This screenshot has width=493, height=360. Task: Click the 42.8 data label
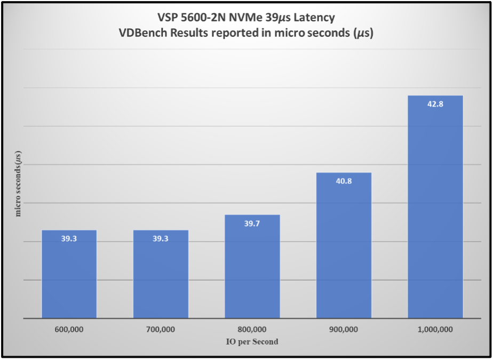pos(435,104)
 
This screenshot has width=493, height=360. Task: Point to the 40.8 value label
pos(344,181)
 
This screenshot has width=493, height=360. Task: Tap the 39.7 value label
pos(252,223)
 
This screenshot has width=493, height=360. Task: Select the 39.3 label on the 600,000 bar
pos(69,238)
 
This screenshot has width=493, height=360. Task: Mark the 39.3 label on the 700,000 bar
pos(161,238)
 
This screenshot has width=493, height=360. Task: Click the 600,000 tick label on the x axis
pos(69,330)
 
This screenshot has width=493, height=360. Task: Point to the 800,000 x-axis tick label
pos(252,330)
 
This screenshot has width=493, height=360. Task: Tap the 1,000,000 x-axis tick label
pos(435,330)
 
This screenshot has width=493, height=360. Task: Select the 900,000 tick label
pos(344,330)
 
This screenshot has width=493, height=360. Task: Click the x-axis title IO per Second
pos(252,341)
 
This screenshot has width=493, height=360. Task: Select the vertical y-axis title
pos(18,183)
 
